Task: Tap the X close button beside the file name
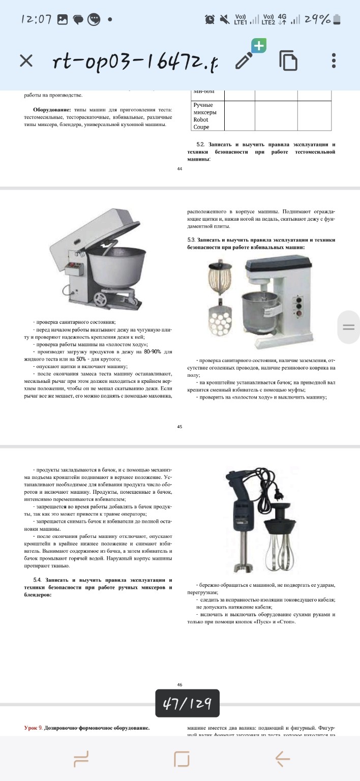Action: (x=26, y=61)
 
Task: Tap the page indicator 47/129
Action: (x=187, y=703)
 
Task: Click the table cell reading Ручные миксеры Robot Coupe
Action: (x=205, y=116)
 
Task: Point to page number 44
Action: (x=179, y=169)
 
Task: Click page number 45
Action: (x=179, y=427)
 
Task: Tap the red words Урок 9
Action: (x=33, y=728)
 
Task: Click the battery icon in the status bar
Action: (x=338, y=19)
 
